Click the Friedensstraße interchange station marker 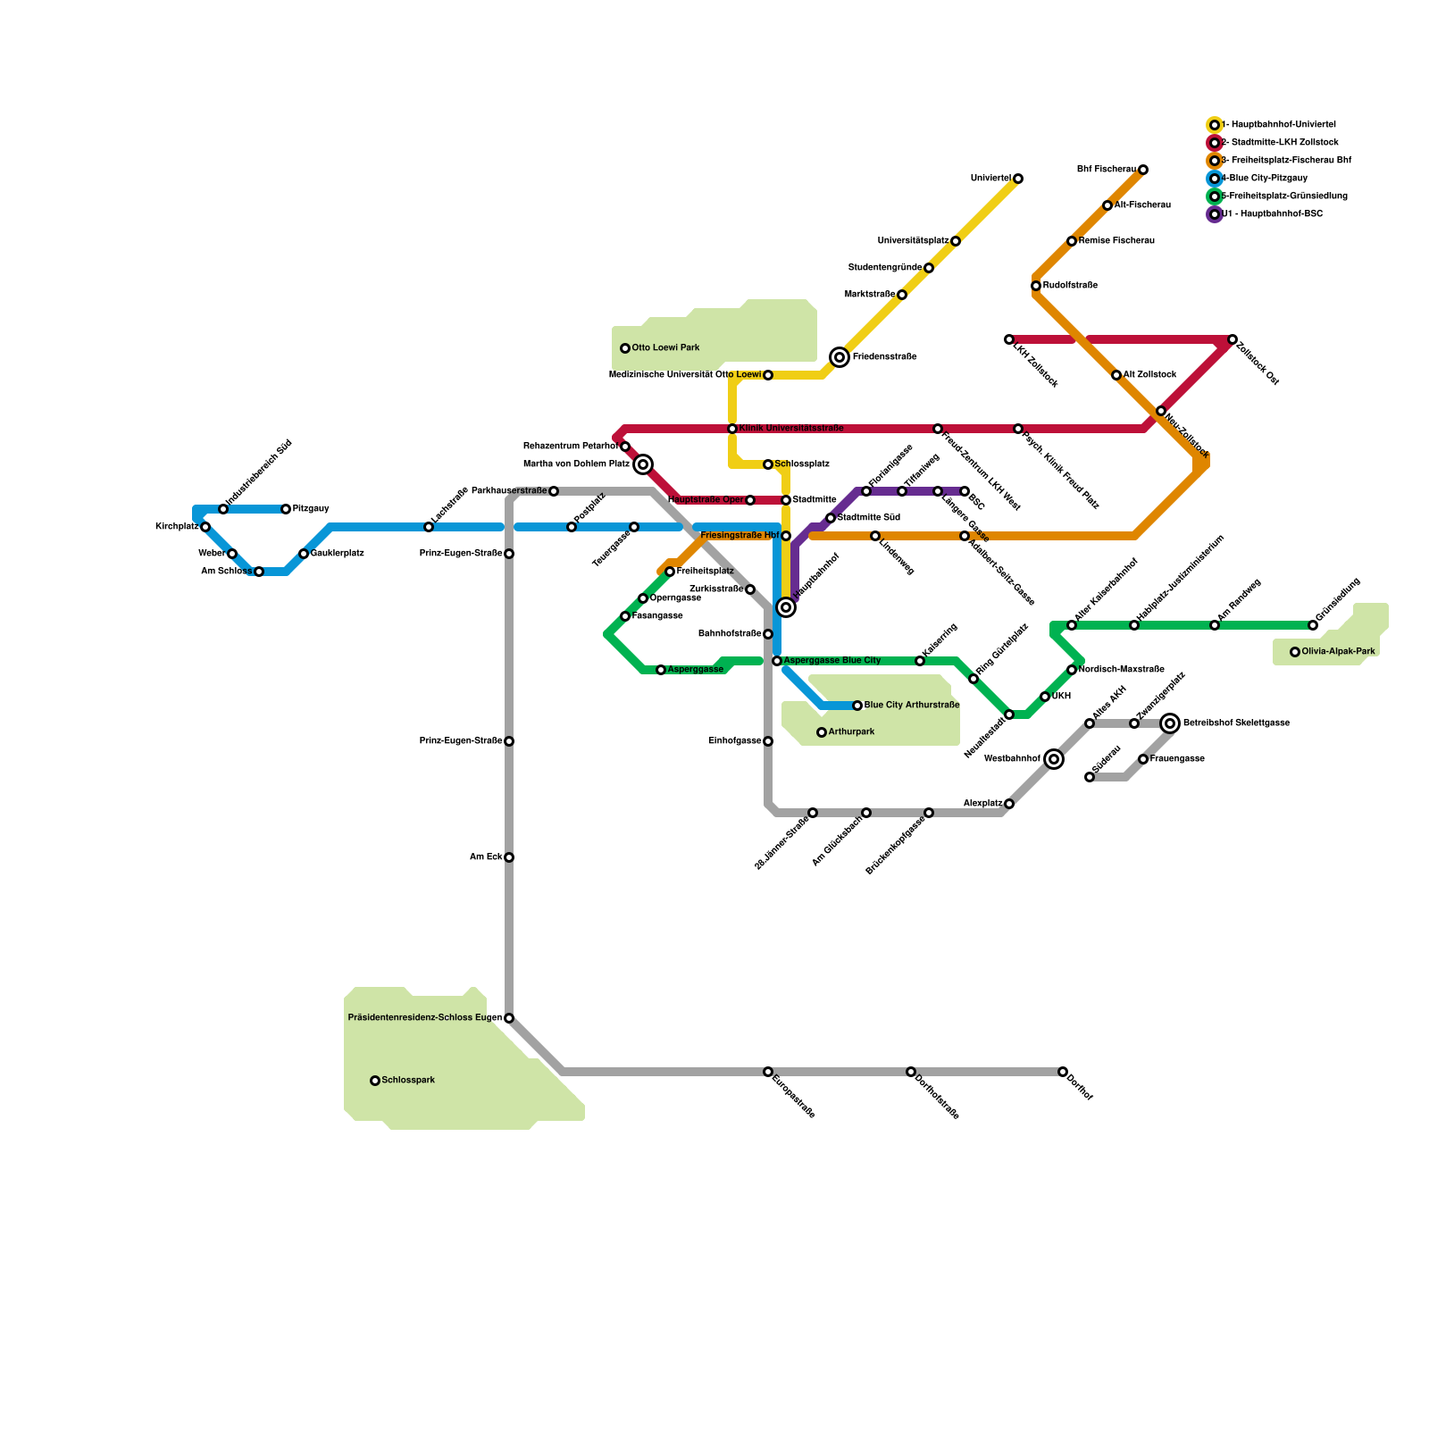[840, 357]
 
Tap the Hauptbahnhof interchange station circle [786, 607]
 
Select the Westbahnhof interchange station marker [1054, 759]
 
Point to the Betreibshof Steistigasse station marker [1170, 723]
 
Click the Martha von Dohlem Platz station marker [643, 464]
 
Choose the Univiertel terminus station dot [1018, 179]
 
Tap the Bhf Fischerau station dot [1143, 170]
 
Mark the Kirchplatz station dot [205, 527]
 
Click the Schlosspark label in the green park [408, 1081]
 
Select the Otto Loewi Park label [665, 348]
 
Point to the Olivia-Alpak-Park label [1338, 652]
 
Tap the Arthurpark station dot [822, 732]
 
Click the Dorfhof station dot [1063, 1072]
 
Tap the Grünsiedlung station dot [1313, 625]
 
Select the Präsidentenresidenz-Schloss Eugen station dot [509, 1018]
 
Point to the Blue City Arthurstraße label [911, 706]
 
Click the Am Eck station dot [509, 857]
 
